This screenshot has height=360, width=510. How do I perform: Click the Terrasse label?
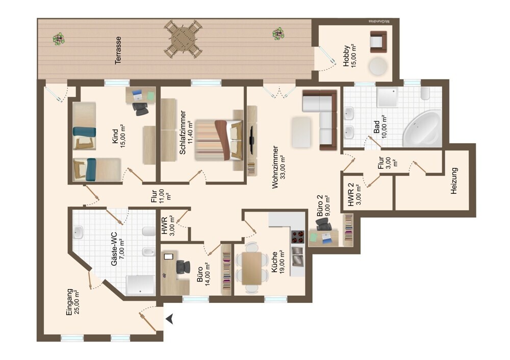coord(118,50)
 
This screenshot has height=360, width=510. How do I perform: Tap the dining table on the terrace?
coord(183,39)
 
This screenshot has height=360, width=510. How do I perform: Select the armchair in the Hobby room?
coord(378,41)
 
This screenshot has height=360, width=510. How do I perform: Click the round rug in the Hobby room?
coord(378,66)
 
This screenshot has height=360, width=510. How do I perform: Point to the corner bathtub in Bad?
coord(423,127)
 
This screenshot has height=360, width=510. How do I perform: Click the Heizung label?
coord(454,181)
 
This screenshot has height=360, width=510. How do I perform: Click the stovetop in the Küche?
coord(297,237)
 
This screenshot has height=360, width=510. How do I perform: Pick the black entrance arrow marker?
coord(170,319)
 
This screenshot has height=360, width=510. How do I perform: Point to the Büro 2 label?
coord(320,207)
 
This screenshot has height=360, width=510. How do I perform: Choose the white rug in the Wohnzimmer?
coord(301,131)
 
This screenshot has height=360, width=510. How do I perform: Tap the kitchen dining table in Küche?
coord(251,268)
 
